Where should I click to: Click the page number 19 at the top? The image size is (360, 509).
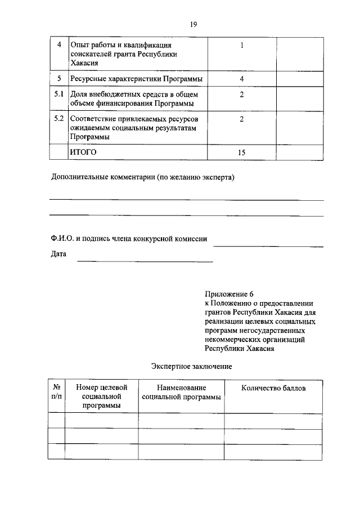tap(193, 24)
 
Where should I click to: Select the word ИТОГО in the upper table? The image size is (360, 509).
tap(83, 152)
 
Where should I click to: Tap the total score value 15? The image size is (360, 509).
tap(241, 152)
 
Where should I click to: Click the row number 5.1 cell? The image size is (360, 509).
tap(58, 94)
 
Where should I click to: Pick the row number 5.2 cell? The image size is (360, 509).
tap(58, 119)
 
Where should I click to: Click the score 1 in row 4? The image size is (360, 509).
tap(241, 45)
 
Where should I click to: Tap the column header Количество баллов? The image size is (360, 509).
tap(274, 388)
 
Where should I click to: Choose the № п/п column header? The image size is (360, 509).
tap(56, 392)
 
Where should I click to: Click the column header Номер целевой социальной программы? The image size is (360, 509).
tap(102, 397)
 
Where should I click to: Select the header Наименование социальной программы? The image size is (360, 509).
tap(181, 392)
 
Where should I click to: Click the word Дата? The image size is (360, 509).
tap(58, 254)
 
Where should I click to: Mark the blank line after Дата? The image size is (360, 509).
tap(145, 261)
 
